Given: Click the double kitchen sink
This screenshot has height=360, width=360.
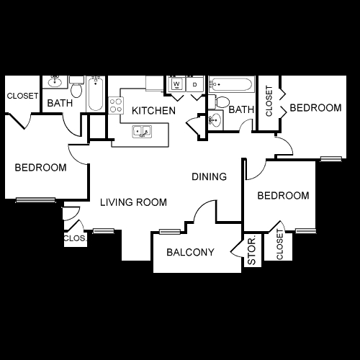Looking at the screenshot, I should click(x=141, y=132).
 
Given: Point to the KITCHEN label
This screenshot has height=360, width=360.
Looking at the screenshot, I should click(x=153, y=111).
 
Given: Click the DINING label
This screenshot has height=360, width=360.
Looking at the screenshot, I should click(x=210, y=176).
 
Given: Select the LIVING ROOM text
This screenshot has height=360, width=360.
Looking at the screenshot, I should click(x=133, y=203).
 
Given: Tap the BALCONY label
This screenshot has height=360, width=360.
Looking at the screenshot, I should click(x=191, y=252).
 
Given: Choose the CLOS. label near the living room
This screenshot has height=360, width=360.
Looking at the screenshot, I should click(x=74, y=238).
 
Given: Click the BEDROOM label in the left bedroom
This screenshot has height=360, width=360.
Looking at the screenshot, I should click(x=41, y=167).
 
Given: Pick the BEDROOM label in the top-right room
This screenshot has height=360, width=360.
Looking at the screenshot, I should click(x=315, y=108).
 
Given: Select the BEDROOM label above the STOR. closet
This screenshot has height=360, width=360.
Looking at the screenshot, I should click(x=284, y=196).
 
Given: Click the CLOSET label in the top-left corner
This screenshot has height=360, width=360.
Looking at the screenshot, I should click(x=22, y=96).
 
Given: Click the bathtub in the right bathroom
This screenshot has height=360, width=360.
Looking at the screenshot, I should click(x=232, y=86).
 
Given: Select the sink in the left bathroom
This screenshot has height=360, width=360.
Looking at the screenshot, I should click(x=55, y=81).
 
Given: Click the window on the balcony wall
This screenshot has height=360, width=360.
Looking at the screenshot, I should click(x=169, y=231).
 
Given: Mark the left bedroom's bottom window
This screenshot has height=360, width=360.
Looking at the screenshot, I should click(x=36, y=199).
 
